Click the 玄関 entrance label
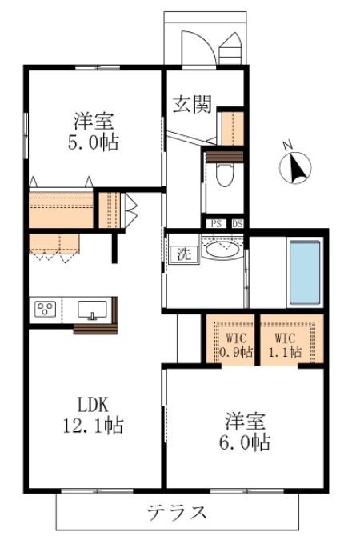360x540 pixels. (x=192, y=104)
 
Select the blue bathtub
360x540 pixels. (x=305, y=273)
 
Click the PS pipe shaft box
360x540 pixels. (x=216, y=223)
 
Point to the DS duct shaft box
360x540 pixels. (x=238, y=223)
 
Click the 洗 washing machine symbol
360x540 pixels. (x=184, y=254)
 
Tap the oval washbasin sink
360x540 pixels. (x=222, y=250)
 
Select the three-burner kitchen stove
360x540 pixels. (x=45, y=309)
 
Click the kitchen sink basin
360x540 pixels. (x=92, y=310)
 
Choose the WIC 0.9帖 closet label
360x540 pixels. (x=236, y=345)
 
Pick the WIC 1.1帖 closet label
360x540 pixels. (x=285, y=345)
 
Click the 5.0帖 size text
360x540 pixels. (x=93, y=142)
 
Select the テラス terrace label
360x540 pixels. (x=177, y=512)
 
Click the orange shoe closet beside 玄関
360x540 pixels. (x=233, y=129)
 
